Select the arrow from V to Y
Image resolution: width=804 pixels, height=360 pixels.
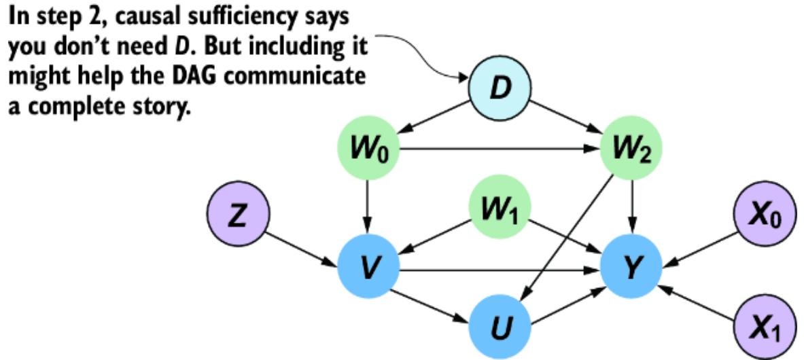pos(500,270)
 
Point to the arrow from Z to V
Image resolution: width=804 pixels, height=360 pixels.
pos(302,245)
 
